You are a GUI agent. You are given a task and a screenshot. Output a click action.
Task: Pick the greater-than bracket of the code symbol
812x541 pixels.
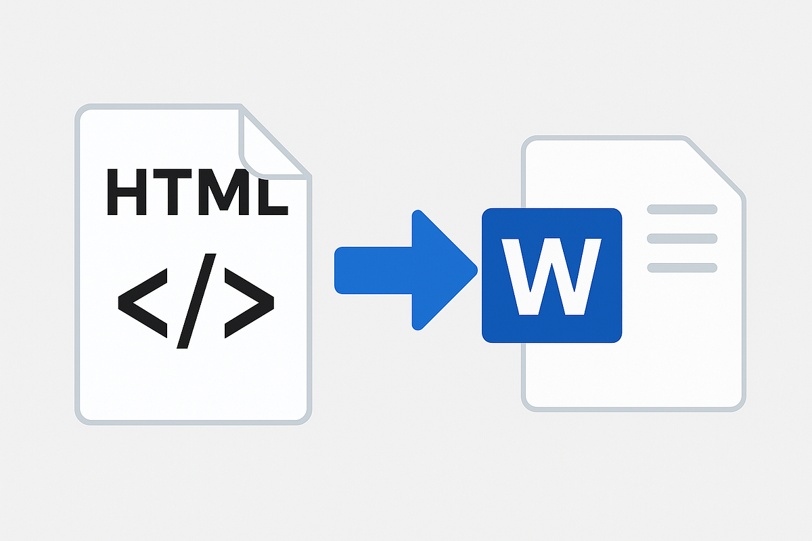(x=249, y=300)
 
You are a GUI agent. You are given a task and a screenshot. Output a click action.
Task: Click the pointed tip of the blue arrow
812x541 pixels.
(x=475, y=270)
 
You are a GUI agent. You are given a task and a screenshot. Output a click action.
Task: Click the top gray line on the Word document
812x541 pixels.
(x=682, y=209)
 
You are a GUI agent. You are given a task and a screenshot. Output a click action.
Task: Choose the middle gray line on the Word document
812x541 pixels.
(x=682, y=238)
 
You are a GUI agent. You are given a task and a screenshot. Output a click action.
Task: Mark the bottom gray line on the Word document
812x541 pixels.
(x=682, y=268)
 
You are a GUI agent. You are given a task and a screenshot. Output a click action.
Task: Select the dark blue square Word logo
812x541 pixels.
(x=551, y=275)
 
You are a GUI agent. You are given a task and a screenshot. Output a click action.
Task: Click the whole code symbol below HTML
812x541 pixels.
(x=196, y=300)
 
